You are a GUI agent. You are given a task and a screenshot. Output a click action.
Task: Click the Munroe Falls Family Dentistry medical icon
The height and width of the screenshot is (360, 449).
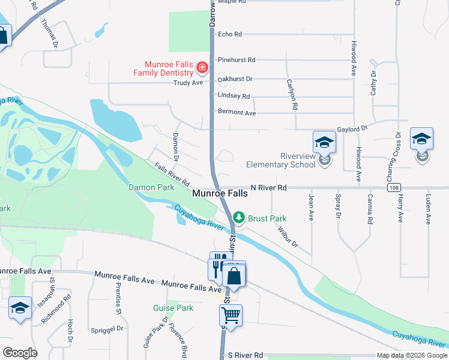pos(202,67)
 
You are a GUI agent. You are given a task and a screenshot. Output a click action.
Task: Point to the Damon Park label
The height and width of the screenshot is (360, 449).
pos(151,187)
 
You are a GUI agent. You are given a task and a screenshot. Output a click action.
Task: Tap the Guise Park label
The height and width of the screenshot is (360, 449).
pos(173,308)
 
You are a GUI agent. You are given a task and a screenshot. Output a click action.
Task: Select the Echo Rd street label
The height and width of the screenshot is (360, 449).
pos(230,34)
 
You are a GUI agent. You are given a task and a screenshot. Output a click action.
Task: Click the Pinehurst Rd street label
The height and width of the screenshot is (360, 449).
pos(237,60)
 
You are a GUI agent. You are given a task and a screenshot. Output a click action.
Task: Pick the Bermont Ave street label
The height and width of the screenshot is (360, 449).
pos(237,113)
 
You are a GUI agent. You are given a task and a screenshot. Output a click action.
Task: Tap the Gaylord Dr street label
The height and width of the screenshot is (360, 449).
pos(352,128)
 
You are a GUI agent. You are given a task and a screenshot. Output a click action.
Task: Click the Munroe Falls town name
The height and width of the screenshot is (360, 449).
pos(220,194)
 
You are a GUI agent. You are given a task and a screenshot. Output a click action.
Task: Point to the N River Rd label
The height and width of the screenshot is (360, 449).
pos(268,188)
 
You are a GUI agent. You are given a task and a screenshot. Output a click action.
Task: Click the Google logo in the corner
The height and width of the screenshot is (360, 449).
pos(20,353)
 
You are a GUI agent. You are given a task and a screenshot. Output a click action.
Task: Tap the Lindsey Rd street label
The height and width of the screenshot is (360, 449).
pos(234,96)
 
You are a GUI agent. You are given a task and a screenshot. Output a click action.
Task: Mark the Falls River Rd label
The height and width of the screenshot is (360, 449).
pos(172,175)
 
